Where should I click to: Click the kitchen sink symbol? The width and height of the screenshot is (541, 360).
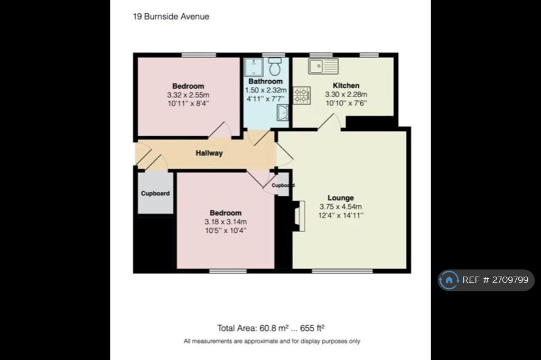tap(323, 66)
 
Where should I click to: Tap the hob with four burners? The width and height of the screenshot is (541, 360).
tap(302, 95)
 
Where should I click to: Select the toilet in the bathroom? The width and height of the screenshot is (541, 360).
tap(275, 67)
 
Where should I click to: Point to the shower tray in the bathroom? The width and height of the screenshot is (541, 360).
tap(254, 67)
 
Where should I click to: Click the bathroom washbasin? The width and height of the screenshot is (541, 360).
tap(283, 113)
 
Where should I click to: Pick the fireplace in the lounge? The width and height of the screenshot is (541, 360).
tap(299, 216)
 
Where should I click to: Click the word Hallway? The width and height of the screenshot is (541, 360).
tap(209, 153)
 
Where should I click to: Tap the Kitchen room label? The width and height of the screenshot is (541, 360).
tap(346, 86)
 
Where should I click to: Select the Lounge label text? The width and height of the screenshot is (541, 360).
tap(341, 198)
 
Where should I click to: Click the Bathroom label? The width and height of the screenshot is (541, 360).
tap(266, 81)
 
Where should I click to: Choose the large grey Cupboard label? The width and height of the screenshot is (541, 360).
tap(155, 193)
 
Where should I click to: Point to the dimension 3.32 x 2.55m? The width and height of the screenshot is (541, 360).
tap(188, 95)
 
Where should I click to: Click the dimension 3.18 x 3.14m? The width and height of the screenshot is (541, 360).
tap(226, 222)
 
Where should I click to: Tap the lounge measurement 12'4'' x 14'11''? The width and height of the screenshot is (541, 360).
tap(341, 215)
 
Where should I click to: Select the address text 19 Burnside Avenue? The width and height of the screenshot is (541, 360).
tap(171, 16)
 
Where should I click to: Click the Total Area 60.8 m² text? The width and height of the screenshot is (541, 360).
tap(253, 328)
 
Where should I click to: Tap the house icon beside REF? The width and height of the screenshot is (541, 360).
tap(449, 280)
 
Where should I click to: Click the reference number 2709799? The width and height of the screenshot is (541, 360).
tap(510, 280)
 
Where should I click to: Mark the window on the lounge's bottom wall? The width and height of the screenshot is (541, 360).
tap(342, 271)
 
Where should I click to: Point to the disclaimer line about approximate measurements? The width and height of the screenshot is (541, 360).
tap(272, 342)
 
